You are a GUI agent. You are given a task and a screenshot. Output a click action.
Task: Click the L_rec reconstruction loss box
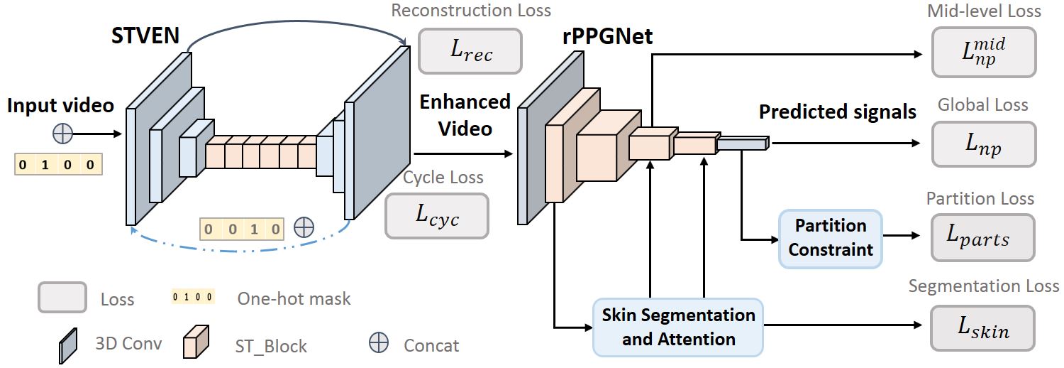pyautogui.click(x=470, y=51)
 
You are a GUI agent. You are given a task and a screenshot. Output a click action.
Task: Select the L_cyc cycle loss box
pyautogui.click(x=437, y=216)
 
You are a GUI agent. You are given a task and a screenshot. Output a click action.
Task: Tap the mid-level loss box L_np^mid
pyautogui.click(x=984, y=53)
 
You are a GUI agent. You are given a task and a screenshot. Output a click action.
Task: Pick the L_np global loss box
pyautogui.click(x=984, y=144)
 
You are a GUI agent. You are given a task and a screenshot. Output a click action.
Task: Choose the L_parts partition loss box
pyautogui.click(x=982, y=237)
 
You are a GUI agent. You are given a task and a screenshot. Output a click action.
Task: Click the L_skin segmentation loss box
pyautogui.click(x=984, y=328)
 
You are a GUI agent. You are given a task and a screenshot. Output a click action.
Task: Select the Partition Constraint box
pyautogui.click(x=830, y=238)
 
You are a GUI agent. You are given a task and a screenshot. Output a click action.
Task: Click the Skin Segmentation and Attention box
pyautogui.click(x=678, y=327)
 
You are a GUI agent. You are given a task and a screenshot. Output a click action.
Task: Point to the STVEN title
pyautogui.click(x=145, y=35)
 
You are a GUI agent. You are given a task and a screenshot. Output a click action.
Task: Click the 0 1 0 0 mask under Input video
pyautogui.click(x=58, y=165)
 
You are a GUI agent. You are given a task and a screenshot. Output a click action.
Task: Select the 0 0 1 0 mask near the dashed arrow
pyautogui.click(x=241, y=229)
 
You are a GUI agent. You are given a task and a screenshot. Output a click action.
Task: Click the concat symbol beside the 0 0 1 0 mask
pyautogui.click(x=304, y=227)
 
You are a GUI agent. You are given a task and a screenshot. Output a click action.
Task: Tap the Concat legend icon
pyautogui.click(x=378, y=343)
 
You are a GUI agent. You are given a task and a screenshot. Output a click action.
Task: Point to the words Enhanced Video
pyautogui.click(x=465, y=115)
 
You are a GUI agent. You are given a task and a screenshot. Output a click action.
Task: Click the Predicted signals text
pyautogui.click(x=837, y=112)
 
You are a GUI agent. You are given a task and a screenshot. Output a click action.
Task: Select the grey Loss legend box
pyautogui.click(x=62, y=297)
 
